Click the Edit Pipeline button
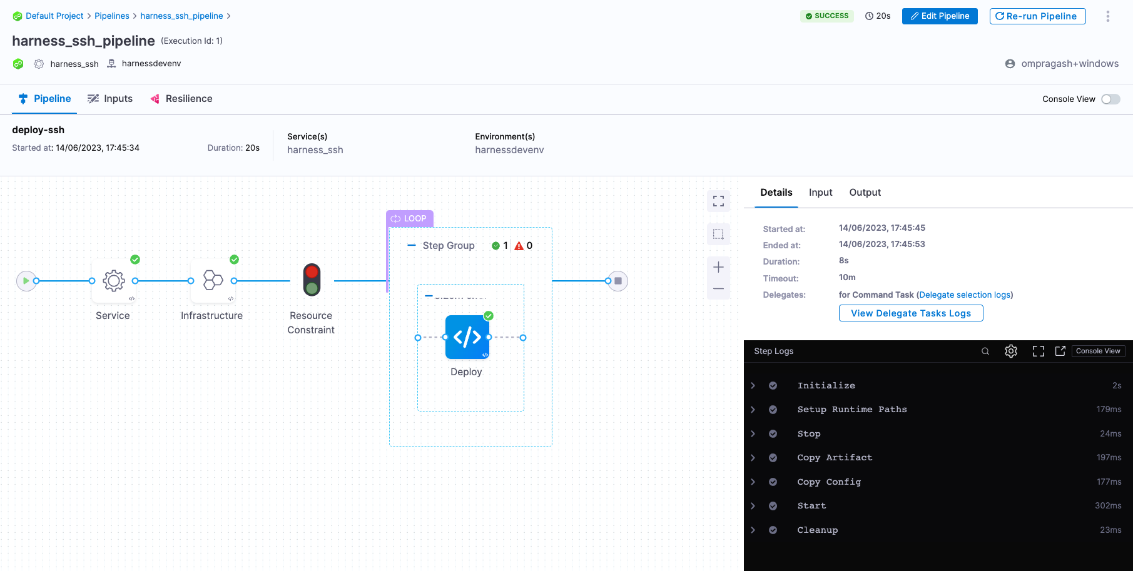939,16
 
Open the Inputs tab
110,99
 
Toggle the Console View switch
1110,99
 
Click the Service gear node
114,281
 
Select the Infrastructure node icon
213,281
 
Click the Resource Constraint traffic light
312,280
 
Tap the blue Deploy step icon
467,337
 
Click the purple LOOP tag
409,219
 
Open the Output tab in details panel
865,193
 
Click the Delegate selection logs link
965,295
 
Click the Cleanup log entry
817,530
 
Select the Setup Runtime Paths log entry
851,410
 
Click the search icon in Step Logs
985,351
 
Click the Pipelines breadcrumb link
112,16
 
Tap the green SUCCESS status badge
826,16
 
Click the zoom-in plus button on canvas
718,268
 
